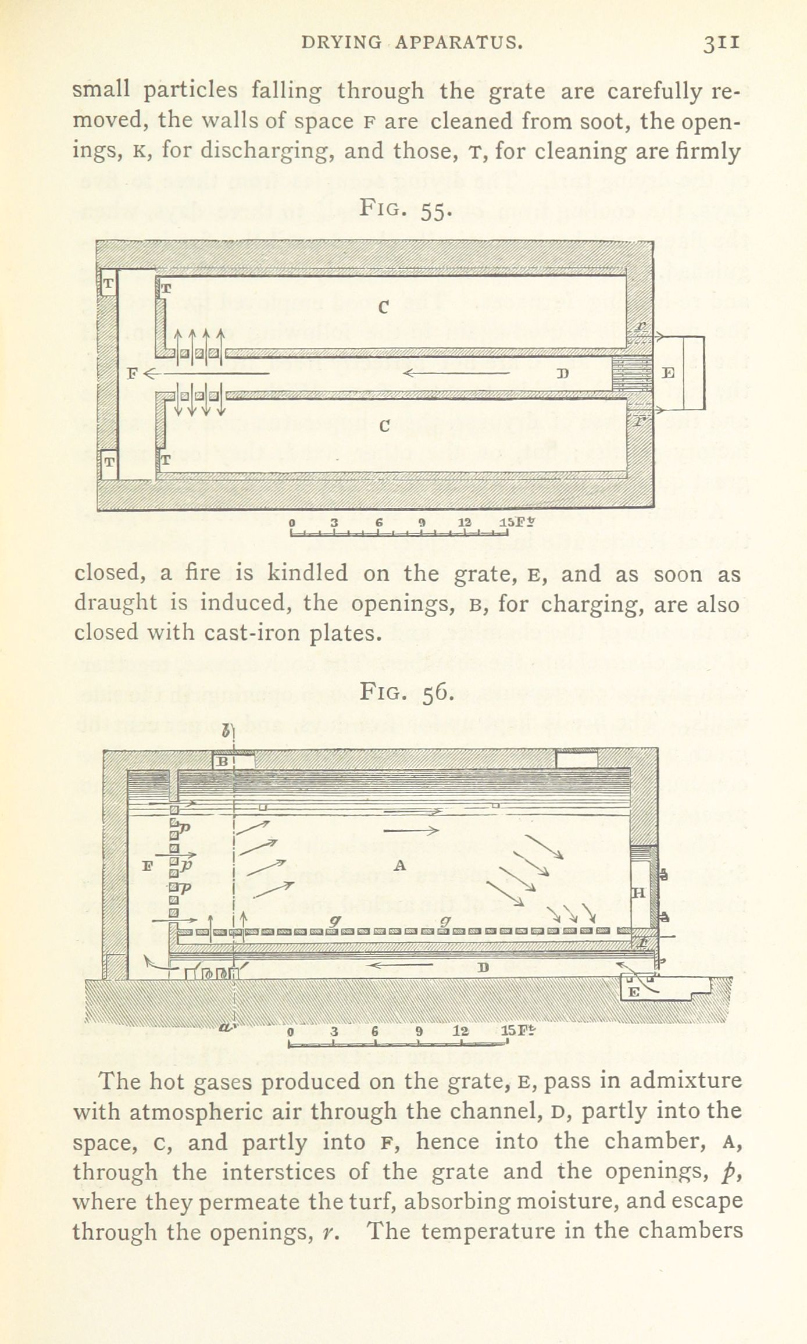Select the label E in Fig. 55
click(669, 373)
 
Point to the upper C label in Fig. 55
click(383, 308)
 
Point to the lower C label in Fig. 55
click(384, 426)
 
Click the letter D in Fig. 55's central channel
click(562, 373)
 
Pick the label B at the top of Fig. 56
click(223, 761)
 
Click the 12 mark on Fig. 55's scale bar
click(465, 522)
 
